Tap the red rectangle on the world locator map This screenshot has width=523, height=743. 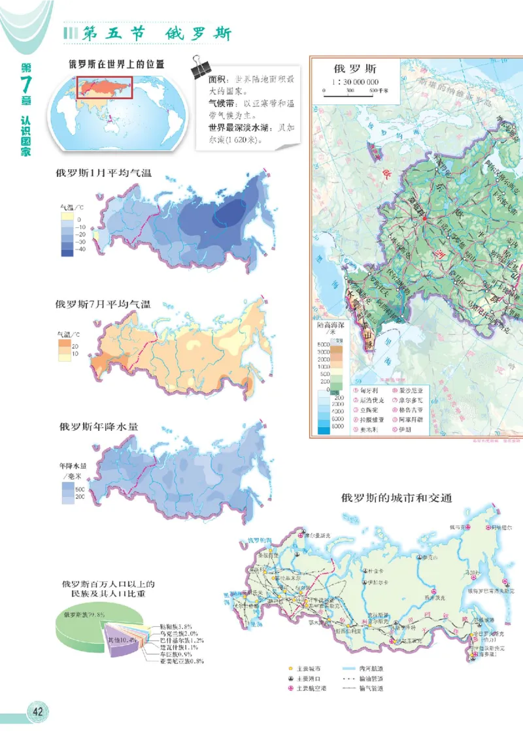pyautogui.click(x=105, y=87)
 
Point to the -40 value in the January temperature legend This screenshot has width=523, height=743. pyautogui.click(x=81, y=249)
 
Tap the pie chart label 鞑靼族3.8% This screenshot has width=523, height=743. pyautogui.click(x=177, y=625)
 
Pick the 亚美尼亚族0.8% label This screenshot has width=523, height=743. pyautogui.click(x=178, y=661)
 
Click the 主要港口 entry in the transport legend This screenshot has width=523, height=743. pyautogui.click(x=307, y=678)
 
